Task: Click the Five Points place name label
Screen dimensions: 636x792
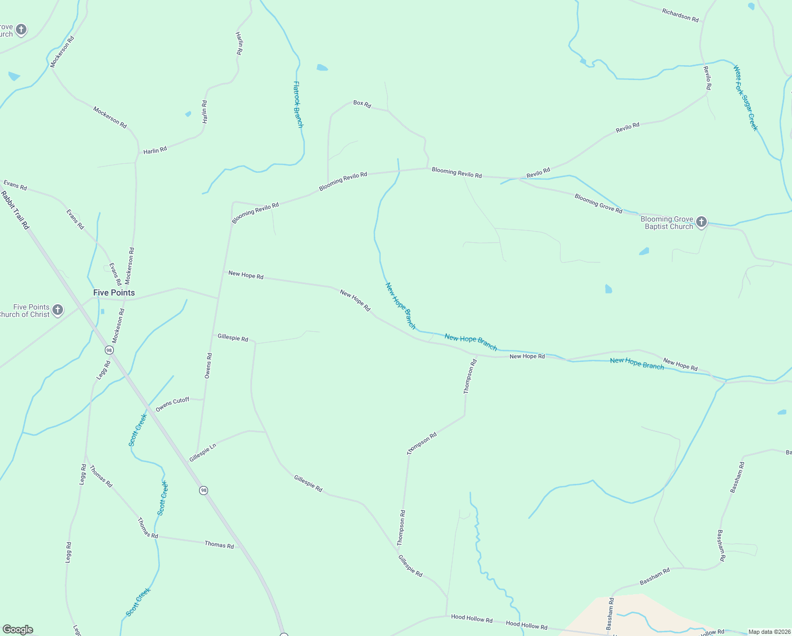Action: click(114, 293)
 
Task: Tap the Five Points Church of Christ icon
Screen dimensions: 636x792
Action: click(58, 310)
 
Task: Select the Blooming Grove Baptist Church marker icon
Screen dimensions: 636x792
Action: click(701, 222)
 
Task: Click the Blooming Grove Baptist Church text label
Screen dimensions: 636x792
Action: click(667, 223)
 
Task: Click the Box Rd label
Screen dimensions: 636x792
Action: click(362, 103)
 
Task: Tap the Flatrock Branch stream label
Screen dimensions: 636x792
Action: click(298, 104)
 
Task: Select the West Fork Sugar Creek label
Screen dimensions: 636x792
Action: click(745, 98)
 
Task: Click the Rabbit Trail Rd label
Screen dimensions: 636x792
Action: click(15, 210)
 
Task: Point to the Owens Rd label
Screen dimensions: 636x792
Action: click(208, 366)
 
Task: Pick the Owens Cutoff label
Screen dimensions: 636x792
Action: click(173, 404)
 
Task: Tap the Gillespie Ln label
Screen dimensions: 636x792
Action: click(203, 453)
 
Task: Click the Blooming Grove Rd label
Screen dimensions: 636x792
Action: click(598, 204)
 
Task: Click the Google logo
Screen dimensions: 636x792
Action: click(18, 630)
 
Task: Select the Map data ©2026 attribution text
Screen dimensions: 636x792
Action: click(769, 632)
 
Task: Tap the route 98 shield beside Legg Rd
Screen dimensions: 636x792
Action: click(109, 350)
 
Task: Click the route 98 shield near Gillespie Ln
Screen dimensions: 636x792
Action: click(204, 490)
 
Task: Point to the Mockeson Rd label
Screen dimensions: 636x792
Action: click(118, 325)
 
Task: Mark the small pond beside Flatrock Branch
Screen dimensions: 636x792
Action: click(322, 68)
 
